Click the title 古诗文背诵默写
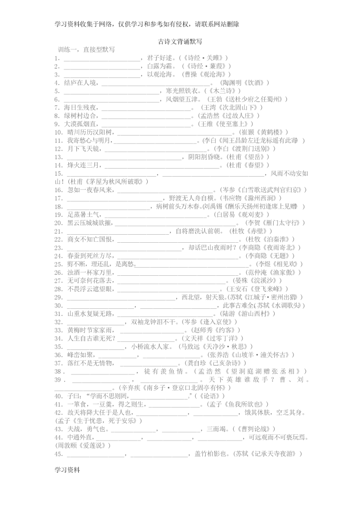180,41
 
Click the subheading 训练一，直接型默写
86,49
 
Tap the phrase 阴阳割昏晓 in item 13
204,157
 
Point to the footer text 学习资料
67,471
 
